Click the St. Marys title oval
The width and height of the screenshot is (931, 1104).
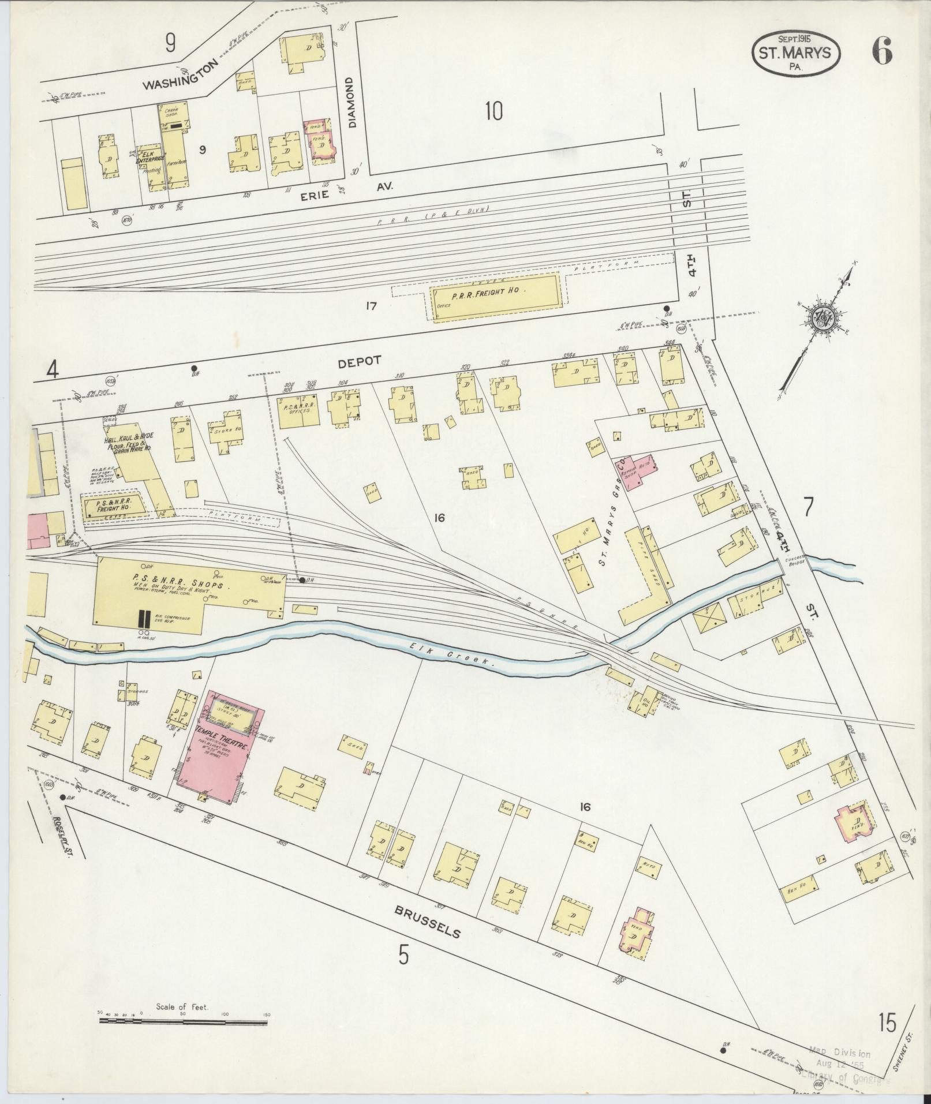tap(796, 54)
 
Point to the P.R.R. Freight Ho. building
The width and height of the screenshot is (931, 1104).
tap(495, 295)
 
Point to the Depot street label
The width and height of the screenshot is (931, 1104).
tap(360, 361)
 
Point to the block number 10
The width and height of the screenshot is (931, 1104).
tap(494, 111)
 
